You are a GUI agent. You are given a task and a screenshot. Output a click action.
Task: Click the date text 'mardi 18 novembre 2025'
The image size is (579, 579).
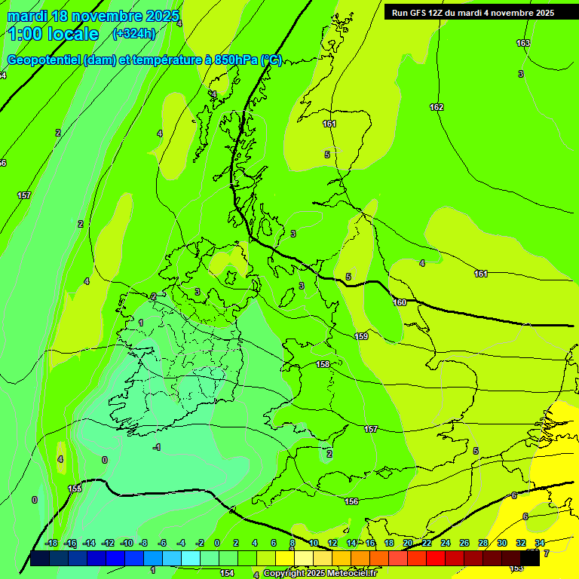click(x=93, y=16)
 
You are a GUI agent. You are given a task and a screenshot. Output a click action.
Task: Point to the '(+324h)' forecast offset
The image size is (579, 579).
click(x=133, y=33)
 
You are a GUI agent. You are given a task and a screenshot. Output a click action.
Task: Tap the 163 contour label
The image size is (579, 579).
click(x=523, y=43)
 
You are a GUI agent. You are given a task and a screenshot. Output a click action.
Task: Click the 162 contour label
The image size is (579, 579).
click(x=437, y=107)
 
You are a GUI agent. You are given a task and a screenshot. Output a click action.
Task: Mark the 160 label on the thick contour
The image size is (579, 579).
click(x=400, y=302)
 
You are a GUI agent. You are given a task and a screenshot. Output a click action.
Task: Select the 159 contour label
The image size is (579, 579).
click(x=361, y=336)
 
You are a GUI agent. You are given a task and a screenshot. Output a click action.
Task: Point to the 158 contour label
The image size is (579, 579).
click(x=323, y=364)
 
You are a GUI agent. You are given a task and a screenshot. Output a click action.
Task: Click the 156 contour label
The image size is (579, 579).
click(x=351, y=501)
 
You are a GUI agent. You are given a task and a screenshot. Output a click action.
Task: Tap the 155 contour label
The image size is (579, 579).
click(x=75, y=489)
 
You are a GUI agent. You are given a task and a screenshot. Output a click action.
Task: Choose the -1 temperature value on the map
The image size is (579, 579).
click(x=157, y=448)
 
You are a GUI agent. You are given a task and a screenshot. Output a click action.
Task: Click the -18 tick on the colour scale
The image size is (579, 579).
click(x=51, y=543)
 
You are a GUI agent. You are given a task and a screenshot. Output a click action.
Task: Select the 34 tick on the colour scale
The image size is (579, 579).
click(x=540, y=543)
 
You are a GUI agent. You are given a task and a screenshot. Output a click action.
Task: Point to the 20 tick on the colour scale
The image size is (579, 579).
click(x=408, y=543)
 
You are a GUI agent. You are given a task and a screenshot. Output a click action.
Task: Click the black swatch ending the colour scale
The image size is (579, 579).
click(x=531, y=558)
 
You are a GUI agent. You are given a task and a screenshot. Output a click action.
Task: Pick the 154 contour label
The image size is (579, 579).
click(x=226, y=573)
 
